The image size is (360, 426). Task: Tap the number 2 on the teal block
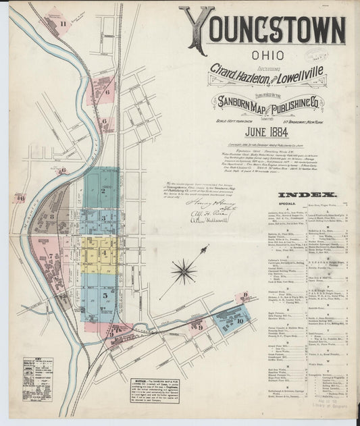pyautogui.click(x=103, y=191)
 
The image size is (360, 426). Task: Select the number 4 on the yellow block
pyautogui.click(x=104, y=253)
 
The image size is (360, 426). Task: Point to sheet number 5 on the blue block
pyautogui.click(x=105, y=295)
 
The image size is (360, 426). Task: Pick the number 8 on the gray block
pyautogui.click(x=52, y=217)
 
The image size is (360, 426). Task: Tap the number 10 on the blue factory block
pyautogui.click(x=240, y=321)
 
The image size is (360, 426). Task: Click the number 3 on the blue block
pyautogui.click(x=103, y=218)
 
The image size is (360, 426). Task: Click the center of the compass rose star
pyautogui.click(x=184, y=272)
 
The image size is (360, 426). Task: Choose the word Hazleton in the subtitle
pyautogui.click(x=252, y=78)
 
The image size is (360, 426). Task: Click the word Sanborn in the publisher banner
pyautogui.click(x=237, y=102)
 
